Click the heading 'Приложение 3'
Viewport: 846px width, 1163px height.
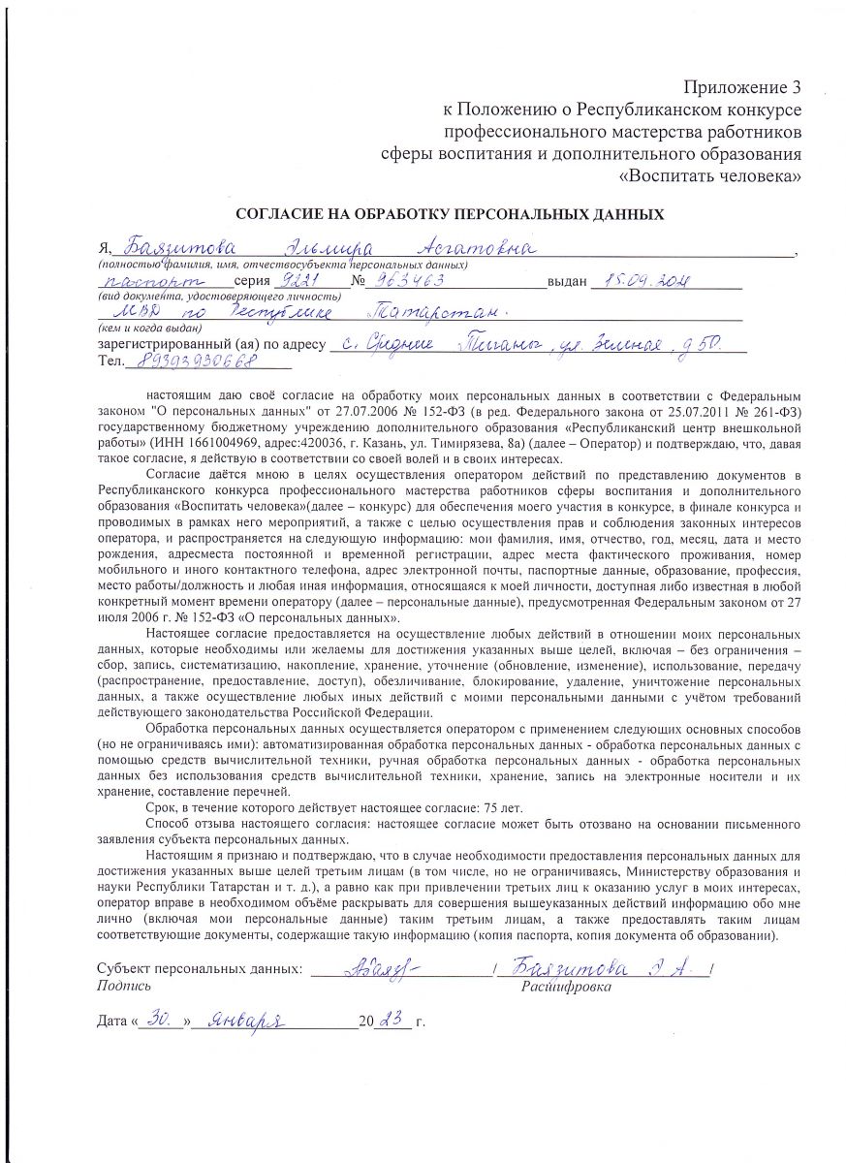point(743,88)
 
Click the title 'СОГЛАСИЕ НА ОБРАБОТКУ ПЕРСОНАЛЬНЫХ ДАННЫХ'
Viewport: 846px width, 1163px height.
point(451,214)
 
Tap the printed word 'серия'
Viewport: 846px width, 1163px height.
point(240,282)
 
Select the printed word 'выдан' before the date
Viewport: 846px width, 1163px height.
point(568,282)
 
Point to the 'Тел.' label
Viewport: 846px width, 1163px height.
point(111,362)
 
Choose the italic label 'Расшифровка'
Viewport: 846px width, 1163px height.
point(566,987)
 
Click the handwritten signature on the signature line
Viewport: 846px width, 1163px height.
point(375,968)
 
